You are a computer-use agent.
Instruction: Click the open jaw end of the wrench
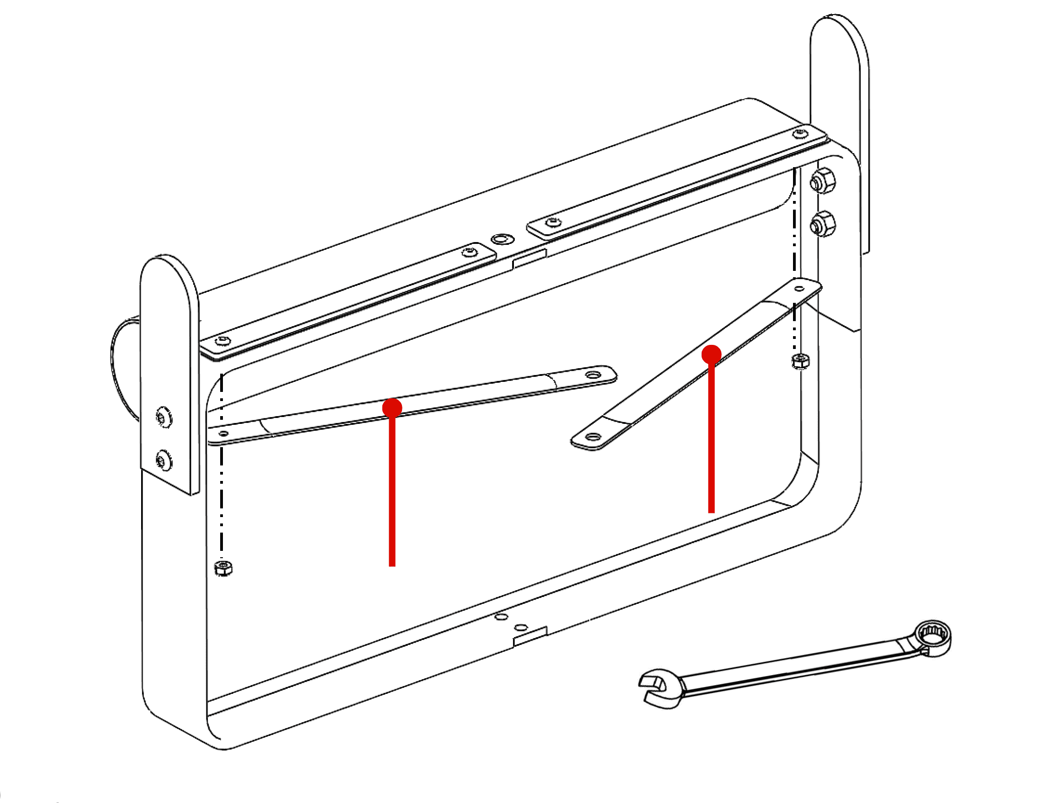653,689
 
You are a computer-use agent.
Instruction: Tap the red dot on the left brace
392,408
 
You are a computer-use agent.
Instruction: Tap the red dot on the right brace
711,354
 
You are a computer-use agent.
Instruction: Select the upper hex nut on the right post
822,181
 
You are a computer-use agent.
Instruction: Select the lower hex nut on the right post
822,224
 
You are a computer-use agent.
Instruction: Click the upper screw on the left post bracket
164,418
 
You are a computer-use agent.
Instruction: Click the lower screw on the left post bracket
164,460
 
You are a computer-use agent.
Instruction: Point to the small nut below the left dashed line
223,568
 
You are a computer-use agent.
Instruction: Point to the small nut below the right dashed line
800,361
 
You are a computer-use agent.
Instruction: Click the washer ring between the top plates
502,238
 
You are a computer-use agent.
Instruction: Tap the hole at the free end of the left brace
593,375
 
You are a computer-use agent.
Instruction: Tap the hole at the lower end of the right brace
592,437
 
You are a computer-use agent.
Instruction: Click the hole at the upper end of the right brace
799,289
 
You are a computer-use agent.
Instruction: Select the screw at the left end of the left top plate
223,341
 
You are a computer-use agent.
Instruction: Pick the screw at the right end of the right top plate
800,134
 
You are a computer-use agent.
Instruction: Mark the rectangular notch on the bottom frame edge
529,637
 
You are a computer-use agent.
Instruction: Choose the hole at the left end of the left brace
223,433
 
